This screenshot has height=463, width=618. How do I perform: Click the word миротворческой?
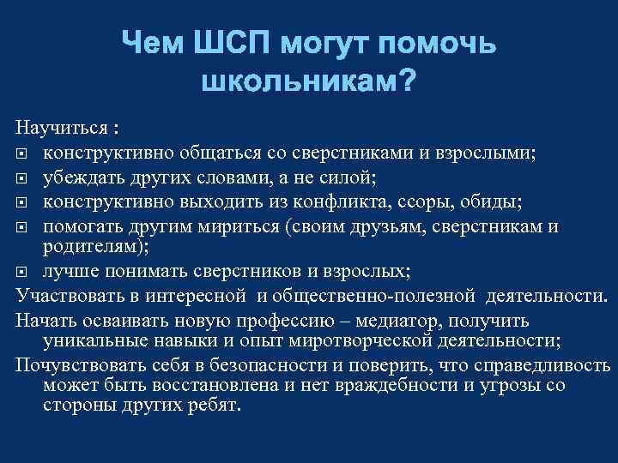click(x=357, y=341)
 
